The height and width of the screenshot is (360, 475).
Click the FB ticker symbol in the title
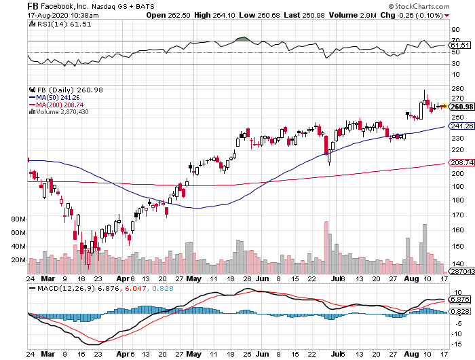point(33,5)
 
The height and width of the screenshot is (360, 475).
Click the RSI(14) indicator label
point(45,24)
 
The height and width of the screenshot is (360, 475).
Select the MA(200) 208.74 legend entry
point(62,104)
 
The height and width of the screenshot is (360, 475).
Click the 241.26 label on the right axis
point(461,126)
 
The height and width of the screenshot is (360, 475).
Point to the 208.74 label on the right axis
point(461,163)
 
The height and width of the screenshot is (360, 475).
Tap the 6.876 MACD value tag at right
point(461,300)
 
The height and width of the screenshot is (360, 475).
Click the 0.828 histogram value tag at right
point(461,311)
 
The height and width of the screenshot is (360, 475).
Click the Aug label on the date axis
point(409,278)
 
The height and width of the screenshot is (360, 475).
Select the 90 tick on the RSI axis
point(455,30)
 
